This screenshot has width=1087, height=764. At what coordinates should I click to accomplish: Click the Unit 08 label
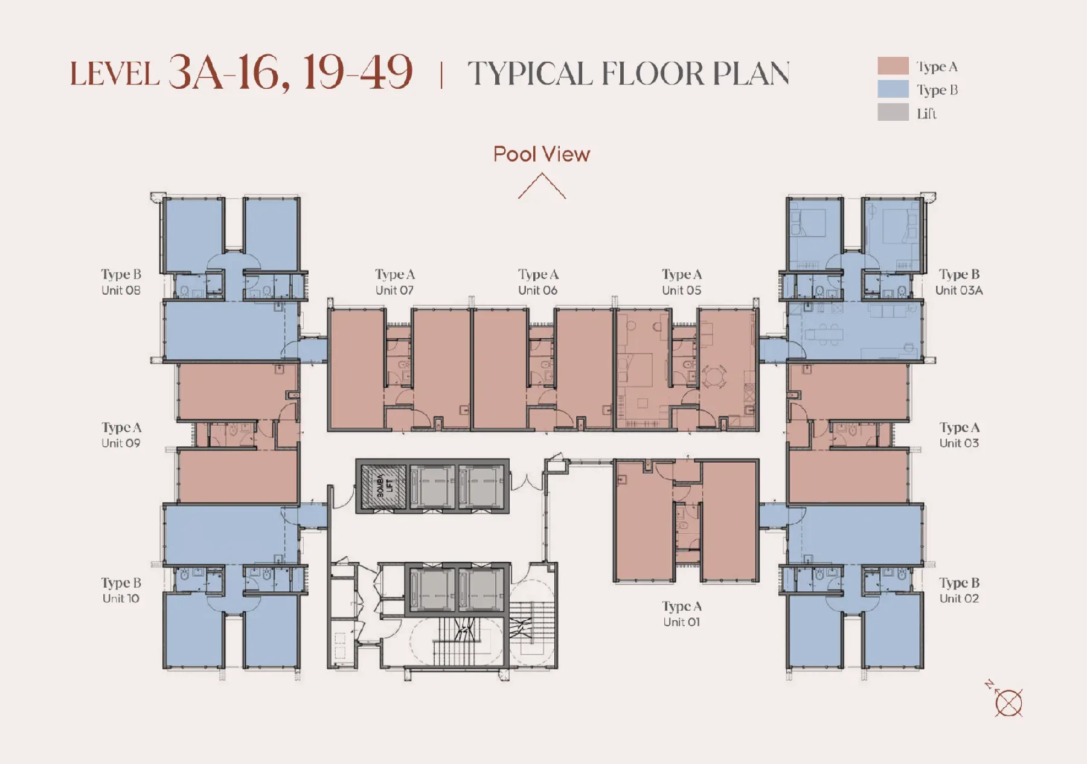click(x=121, y=291)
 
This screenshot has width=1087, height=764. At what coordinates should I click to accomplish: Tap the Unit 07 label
click(x=394, y=291)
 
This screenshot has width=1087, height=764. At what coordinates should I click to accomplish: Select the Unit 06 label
click(x=537, y=291)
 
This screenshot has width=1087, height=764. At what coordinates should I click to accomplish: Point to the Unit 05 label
click(x=681, y=291)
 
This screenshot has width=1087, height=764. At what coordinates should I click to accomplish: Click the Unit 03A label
click(x=959, y=291)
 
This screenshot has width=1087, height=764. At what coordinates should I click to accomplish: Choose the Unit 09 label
click(x=121, y=443)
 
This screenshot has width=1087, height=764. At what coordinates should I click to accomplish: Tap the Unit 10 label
click(x=121, y=599)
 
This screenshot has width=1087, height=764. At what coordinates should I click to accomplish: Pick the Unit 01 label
click(x=681, y=622)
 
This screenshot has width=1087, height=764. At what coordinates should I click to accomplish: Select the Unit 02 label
click(x=959, y=599)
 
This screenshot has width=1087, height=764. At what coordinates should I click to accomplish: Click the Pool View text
click(x=541, y=155)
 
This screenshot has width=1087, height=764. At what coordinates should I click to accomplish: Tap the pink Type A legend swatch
click(x=893, y=66)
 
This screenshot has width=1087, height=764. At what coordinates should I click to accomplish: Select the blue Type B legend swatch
click(x=893, y=89)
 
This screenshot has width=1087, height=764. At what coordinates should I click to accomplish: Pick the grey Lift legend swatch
click(x=893, y=112)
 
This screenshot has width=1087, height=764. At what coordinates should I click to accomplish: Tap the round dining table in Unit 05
click(x=713, y=378)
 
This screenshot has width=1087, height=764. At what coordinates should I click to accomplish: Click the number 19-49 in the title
click(x=358, y=73)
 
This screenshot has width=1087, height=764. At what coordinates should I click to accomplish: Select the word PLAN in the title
click(x=751, y=74)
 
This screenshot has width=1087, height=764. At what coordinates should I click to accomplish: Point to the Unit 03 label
click(x=959, y=443)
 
